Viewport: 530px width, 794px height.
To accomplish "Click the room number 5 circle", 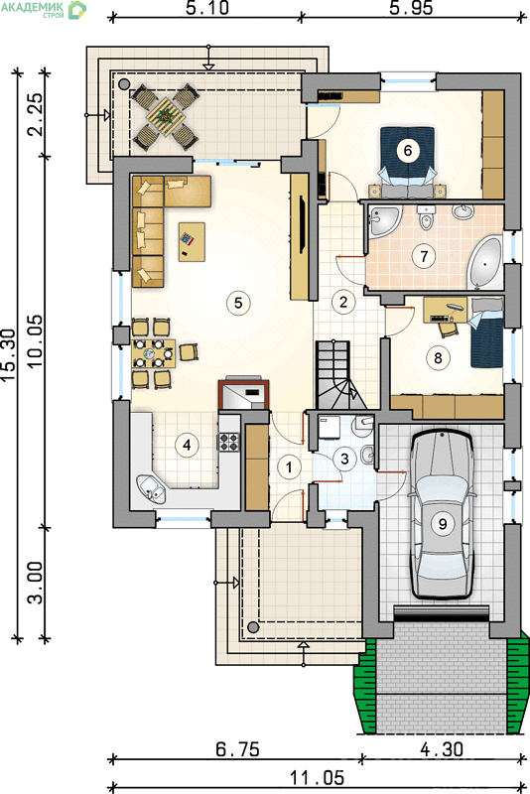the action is point(238,303).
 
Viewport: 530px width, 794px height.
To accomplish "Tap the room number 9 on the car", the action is point(443,523).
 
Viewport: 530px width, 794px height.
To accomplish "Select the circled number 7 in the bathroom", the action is point(424,256).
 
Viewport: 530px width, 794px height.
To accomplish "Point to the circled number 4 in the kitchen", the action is point(188,445).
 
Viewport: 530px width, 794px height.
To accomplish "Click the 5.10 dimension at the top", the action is point(207,8).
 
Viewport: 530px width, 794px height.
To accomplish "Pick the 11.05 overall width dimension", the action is point(317,777).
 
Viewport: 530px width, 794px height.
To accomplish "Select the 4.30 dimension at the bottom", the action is point(442,749).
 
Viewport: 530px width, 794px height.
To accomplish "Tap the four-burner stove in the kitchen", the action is point(228,441).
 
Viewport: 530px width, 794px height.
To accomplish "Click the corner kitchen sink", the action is point(151,488).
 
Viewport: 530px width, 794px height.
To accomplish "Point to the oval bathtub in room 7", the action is point(485,262).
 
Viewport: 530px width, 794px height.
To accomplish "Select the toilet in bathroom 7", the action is point(426,216).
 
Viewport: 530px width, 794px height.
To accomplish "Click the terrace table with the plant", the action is point(165,117).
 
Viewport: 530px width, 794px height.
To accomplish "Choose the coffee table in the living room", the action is point(192,242).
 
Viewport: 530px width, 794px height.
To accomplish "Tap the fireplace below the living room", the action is point(243,394).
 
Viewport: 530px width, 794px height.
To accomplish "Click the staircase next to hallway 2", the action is point(339,375).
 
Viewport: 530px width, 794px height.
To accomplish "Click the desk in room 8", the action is point(445,310).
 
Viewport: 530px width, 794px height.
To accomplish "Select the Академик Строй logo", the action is point(43,9).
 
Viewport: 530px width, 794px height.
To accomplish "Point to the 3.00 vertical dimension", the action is point(36,583).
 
